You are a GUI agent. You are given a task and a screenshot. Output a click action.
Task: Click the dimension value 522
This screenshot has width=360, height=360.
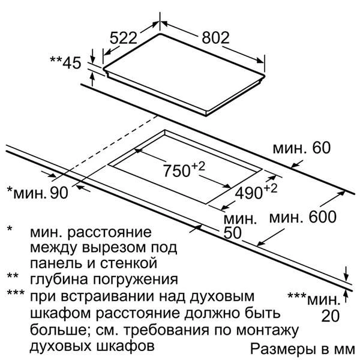pos(123,38)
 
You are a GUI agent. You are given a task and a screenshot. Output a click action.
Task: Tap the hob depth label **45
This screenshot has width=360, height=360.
pos(65,62)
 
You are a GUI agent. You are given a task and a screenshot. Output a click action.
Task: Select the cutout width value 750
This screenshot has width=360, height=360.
pos(176,170)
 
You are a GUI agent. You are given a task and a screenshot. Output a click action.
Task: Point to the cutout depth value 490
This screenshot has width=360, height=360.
pos(248,193)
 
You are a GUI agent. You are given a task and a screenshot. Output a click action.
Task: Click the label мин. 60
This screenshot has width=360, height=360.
pos(302,148)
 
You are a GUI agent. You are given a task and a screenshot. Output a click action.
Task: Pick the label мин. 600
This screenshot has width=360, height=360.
pos(302,217)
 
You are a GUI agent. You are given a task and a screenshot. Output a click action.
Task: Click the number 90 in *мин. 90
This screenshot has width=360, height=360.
pos(59,193)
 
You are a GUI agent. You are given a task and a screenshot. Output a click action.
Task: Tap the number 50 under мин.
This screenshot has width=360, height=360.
pos(232,233)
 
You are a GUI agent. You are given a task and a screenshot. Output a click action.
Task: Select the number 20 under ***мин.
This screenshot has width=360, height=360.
pos(330,316)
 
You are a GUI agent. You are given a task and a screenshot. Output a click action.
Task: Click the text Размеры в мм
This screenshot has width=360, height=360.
pos(302,349)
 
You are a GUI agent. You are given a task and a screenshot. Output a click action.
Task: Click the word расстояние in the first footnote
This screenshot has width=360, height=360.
pos(109,232)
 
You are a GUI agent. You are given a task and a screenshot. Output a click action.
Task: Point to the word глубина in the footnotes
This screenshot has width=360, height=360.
pos(59,279)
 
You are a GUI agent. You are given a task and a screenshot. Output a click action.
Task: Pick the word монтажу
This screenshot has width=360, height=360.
pos(267,331)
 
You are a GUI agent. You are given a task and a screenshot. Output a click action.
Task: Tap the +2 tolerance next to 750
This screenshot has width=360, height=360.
pos(197,166)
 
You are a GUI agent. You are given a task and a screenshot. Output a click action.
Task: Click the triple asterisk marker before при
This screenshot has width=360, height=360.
pos(16,293)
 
